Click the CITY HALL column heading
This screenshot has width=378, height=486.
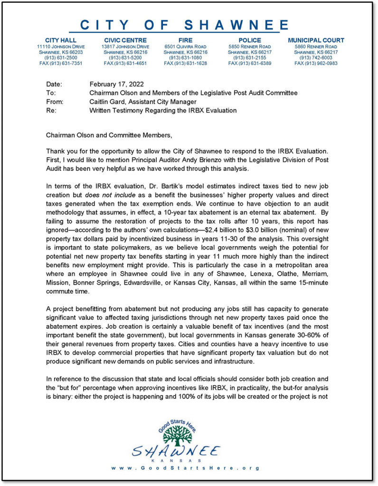point(60,40)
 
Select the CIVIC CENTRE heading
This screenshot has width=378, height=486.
point(125,40)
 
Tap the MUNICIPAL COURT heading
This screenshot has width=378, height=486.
point(316,40)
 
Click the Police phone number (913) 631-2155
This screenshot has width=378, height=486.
point(250,58)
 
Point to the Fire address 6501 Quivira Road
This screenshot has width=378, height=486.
point(185,47)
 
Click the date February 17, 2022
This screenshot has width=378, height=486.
point(116,84)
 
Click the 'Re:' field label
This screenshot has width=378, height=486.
point(51,110)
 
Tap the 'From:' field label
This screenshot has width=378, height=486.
point(55,102)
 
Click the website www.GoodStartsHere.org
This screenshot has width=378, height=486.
point(186,468)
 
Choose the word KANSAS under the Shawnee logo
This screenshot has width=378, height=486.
point(176,460)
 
